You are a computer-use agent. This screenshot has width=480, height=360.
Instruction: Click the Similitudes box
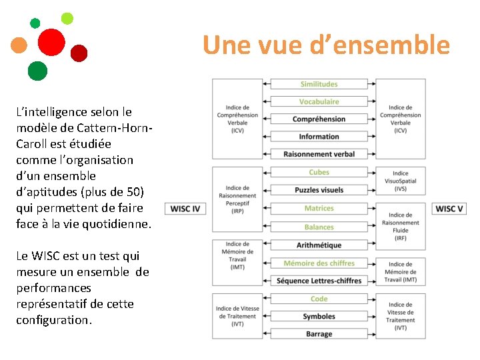pos(319,84)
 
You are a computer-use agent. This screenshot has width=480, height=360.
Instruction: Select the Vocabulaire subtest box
pos(319,101)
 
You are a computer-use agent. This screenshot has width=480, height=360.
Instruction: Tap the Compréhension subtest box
pos(319,119)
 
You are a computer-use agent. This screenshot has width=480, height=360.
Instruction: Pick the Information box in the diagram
pos(319,137)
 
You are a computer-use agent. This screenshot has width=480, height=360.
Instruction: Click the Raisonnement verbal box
pos(319,154)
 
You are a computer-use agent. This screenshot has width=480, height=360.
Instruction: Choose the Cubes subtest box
pos(319,172)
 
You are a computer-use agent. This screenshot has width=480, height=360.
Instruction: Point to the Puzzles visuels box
pos(319,190)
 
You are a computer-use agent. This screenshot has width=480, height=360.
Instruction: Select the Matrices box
pos(319,208)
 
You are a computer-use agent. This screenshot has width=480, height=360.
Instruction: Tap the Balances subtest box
pos(319,227)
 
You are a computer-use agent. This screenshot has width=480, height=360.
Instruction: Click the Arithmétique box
pos(319,245)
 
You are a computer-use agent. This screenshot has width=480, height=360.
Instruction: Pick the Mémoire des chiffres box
pos(319,263)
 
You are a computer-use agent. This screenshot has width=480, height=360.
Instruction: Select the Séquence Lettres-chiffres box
pos(319,281)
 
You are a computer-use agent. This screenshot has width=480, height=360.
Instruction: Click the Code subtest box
pos(319,299)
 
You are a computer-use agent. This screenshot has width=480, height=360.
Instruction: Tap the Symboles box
pos(319,316)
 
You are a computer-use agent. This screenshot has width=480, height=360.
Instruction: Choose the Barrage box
pos(319,334)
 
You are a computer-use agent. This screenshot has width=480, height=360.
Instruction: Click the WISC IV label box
pos(185,209)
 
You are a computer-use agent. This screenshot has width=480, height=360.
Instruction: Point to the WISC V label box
pos(449,209)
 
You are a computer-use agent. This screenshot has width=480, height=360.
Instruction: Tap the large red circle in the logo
pos(51,42)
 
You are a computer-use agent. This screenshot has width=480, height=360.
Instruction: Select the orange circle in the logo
pos(19,45)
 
